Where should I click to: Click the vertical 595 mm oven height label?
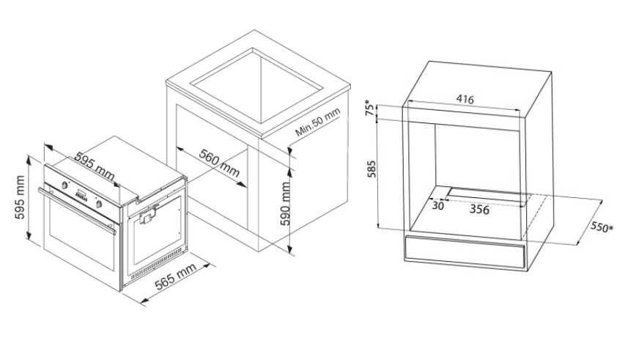(20, 197)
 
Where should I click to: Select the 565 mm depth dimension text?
(176, 276)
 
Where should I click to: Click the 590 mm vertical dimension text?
(286, 204)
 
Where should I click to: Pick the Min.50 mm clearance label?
(317, 122)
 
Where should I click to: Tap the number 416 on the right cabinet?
(465, 99)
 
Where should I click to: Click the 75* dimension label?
(369, 108)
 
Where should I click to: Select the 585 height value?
(371, 169)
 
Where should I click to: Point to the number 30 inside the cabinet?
(437, 206)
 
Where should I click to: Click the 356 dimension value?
(479, 210)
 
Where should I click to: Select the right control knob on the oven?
(99, 204)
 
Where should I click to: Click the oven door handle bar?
(77, 211)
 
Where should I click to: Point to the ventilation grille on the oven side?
(157, 264)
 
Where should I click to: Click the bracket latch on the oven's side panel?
(147, 216)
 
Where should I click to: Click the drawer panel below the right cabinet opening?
(465, 251)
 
